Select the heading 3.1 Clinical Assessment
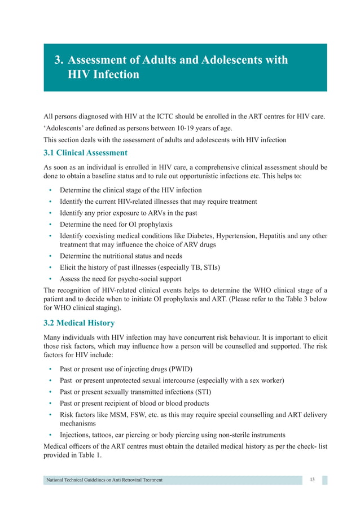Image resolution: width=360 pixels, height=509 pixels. [85, 152]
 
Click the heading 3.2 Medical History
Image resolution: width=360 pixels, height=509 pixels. [79, 323]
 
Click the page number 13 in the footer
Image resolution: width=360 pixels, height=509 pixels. [313, 480]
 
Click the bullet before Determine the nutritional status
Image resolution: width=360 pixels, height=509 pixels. [51, 256]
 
